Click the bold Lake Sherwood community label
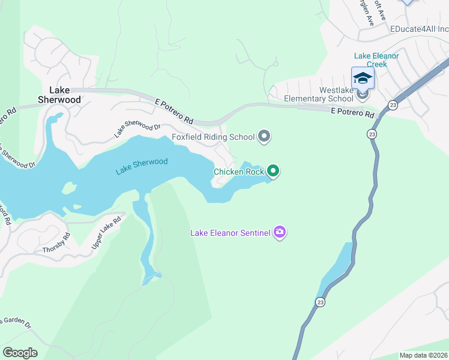point(59,95)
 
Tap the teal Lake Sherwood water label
point(142,166)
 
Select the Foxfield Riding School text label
point(213,137)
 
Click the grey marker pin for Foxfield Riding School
point(264,137)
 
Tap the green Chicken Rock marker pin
point(273,172)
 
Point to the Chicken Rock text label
point(238,172)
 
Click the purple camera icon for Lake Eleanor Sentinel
point(279,232)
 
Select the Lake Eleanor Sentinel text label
point(230,233)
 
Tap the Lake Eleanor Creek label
point(376,59)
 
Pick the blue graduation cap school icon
point(363,79)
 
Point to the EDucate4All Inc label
point(419,29)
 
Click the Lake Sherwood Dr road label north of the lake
point(138,130)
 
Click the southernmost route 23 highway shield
point(321,302)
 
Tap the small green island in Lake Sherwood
point(70,188)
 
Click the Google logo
point(20,352)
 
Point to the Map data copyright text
point(423,355)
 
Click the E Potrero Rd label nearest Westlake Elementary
point(353,113)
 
